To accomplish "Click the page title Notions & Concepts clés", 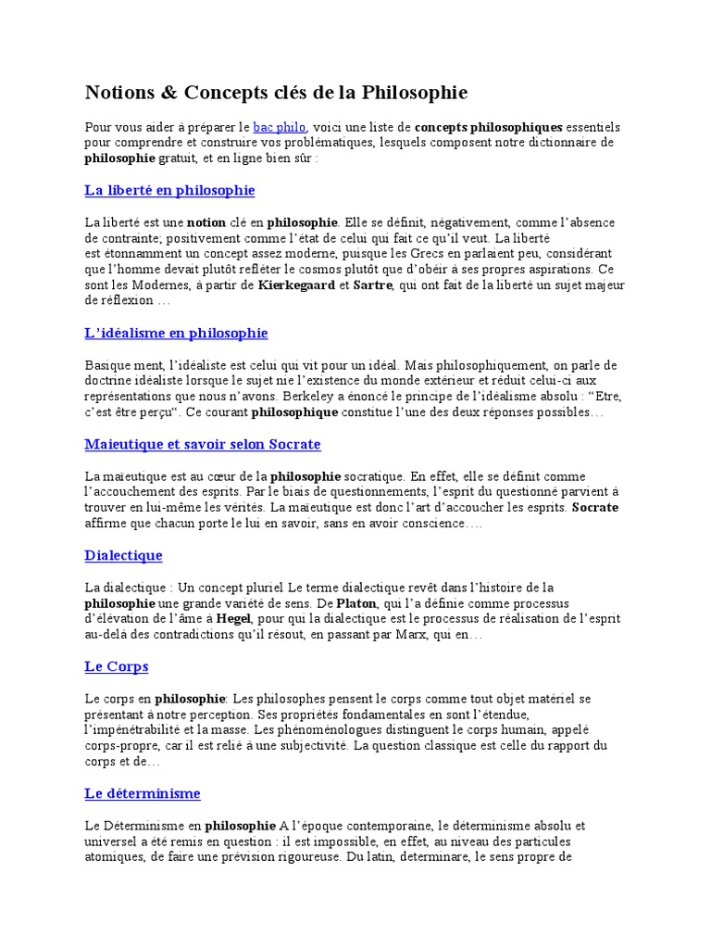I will pos(276,93).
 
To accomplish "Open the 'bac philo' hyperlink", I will pos(280,126).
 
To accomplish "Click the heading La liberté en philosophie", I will pos(169,190).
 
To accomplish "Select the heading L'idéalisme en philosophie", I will pos(176,333).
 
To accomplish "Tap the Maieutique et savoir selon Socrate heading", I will pos(202,444).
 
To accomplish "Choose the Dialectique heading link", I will pos(123,555).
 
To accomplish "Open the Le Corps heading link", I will pos(116,666).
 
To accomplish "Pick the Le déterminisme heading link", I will pos(142,793).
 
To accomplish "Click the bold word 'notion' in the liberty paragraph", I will pos(206,222).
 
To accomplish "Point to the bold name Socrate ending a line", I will pos(595,508).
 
